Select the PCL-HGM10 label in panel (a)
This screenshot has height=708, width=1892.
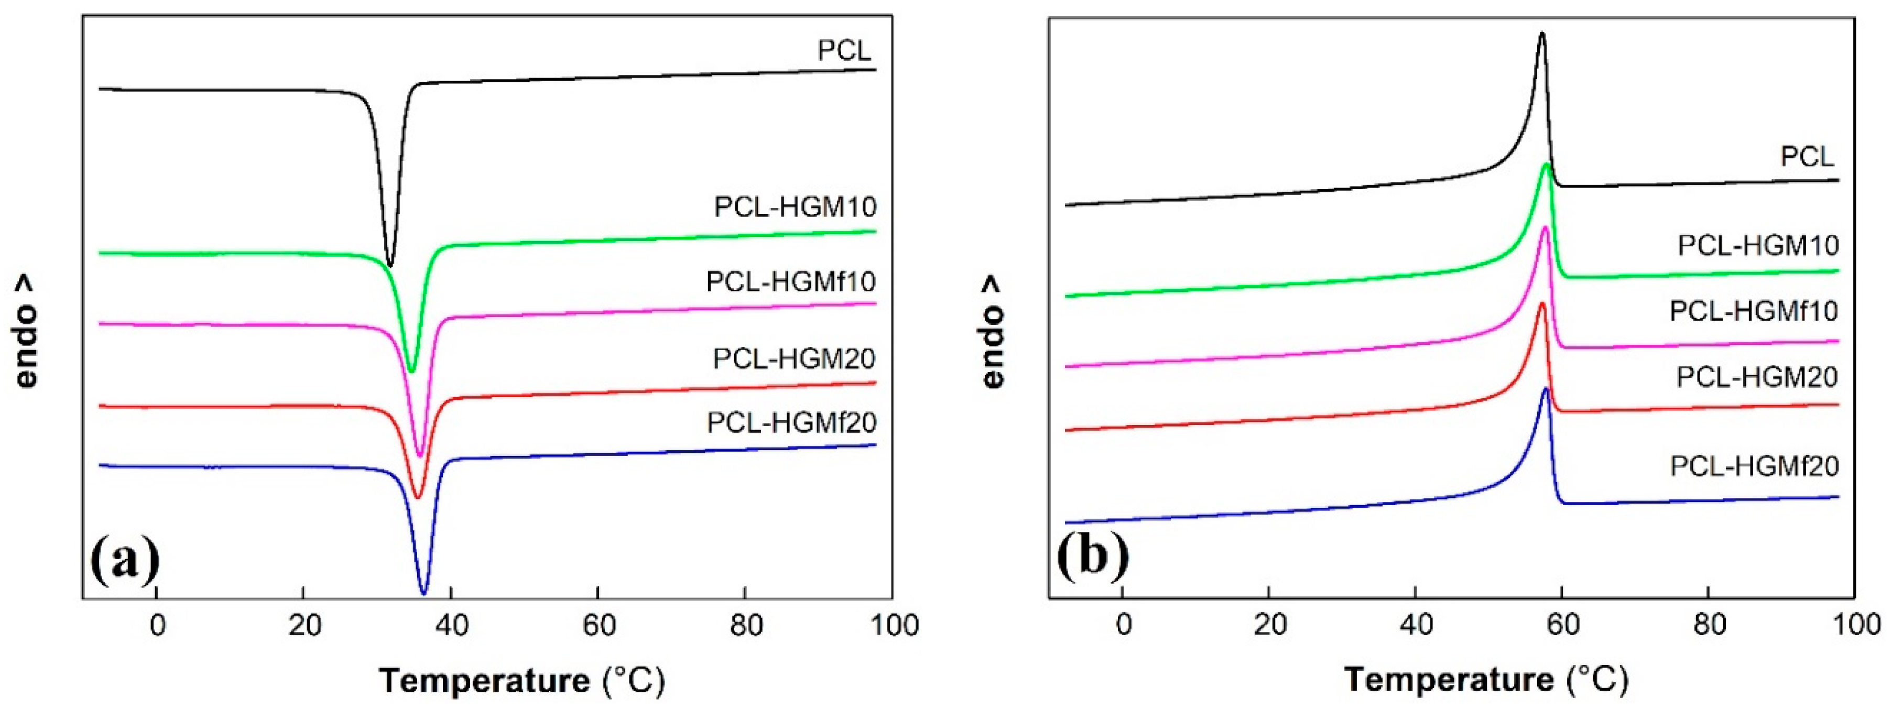pos(796,207)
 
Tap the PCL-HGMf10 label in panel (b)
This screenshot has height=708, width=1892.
pos(1753,311)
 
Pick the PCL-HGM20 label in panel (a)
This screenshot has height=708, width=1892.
pos(794,358)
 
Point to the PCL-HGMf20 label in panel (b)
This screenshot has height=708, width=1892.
pos(1754,466)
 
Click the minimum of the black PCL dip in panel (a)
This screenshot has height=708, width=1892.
pos(390,265)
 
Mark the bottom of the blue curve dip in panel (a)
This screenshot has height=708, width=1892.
pos(423,593)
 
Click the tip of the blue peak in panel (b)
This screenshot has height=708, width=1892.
pos(1546,388)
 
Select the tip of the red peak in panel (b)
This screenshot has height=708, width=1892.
pos(1542,303)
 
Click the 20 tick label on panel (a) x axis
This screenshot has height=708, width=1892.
pos(304,626)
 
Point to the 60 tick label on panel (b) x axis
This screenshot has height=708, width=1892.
pos(1562,626)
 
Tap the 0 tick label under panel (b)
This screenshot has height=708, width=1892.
pos(1123,626)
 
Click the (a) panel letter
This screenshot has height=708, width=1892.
pos(125,560)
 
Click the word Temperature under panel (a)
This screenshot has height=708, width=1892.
pos(485,681)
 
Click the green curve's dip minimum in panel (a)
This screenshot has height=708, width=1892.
pos(411,372)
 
